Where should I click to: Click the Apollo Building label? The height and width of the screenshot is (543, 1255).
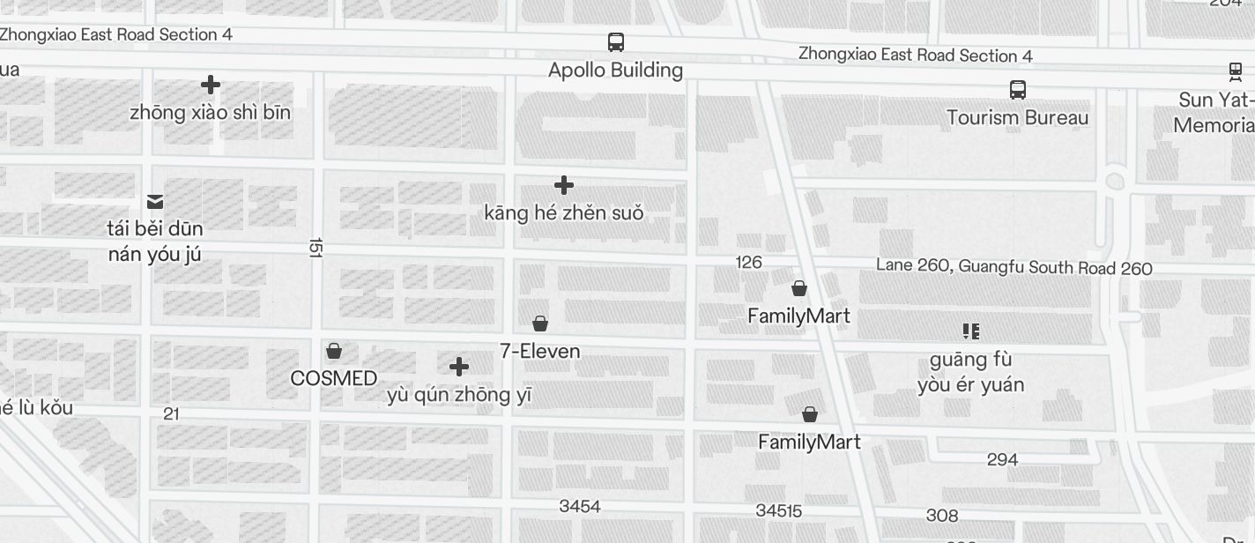(615, 70)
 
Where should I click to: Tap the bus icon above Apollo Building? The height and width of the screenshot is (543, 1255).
(616, 41)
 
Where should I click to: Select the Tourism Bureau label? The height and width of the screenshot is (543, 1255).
(1017, 117)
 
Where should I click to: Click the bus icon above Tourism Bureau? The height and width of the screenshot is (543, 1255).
(1018, 89)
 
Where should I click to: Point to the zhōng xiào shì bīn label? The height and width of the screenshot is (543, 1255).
(210, 113)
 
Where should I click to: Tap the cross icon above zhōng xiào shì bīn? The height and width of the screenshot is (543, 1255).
(211, 85)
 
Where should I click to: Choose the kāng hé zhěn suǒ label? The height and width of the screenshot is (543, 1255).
(564, 212)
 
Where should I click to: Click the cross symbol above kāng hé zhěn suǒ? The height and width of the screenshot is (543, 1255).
(564, 185)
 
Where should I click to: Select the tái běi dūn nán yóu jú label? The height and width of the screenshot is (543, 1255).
(155, 242)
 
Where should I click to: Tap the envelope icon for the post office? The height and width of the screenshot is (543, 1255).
(155, 202)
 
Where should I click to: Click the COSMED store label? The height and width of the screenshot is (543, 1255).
(334, 378)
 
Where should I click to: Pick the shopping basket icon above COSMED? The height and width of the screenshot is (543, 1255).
(334, 351)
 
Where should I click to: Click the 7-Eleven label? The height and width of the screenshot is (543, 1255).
(540, 351)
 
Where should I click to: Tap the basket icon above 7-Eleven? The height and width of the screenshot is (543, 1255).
(540, 324)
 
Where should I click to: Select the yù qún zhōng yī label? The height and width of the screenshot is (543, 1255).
(459, 394)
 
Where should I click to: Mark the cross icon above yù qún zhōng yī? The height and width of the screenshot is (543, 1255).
(459, 367)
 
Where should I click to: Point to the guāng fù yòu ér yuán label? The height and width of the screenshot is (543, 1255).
(970, 372)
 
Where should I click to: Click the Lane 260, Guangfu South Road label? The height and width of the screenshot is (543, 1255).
(1014, 266)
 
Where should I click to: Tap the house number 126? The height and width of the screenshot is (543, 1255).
(748, 262)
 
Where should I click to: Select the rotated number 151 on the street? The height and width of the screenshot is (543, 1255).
(316, 247)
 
